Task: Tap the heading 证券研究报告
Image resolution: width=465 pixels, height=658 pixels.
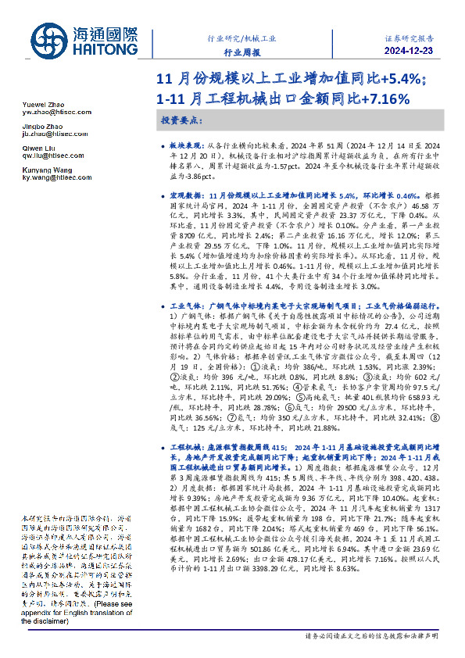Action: [x=409, y=36]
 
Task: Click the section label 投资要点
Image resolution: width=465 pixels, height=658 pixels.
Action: [x=181, y=121]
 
